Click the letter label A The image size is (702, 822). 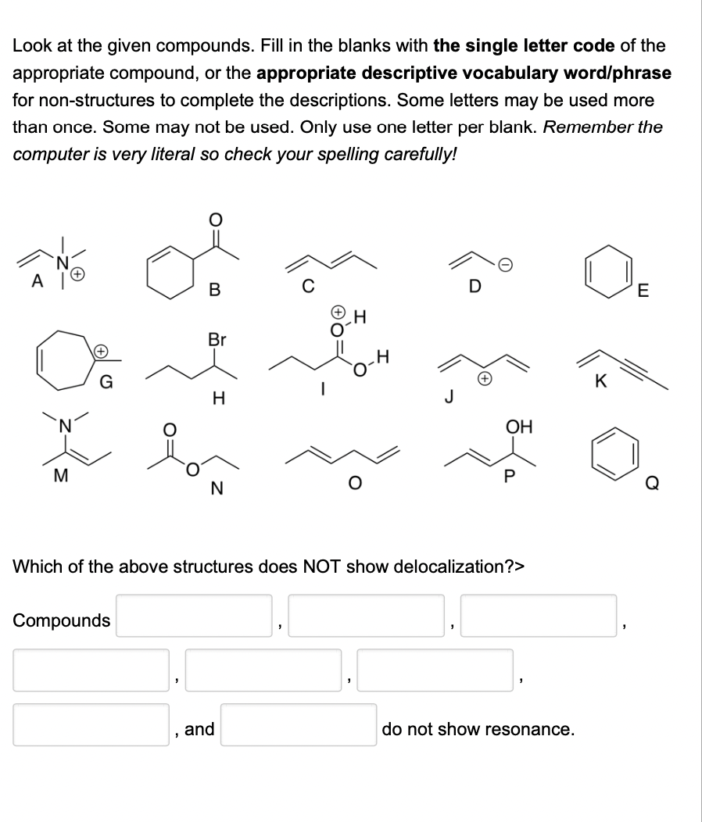[35, 283]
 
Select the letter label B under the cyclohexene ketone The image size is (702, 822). [214, 291]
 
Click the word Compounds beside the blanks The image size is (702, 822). [62, 620]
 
